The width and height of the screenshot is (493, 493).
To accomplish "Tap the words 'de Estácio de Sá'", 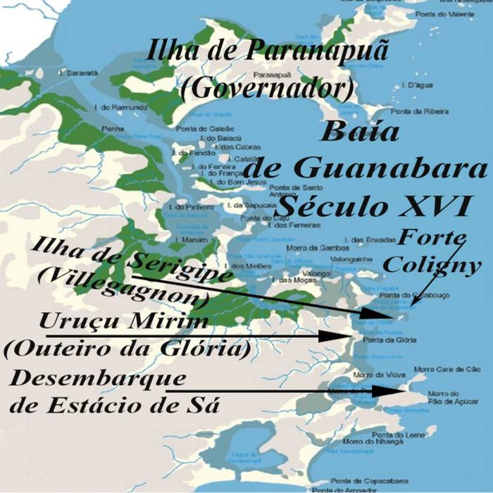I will pyautogui.click(x=113, y=406).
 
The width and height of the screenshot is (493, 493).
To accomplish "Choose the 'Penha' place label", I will pyautogui.click(x=113, y=129).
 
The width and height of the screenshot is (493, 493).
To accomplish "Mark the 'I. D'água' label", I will pyautogui.click(x=412, y=85).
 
